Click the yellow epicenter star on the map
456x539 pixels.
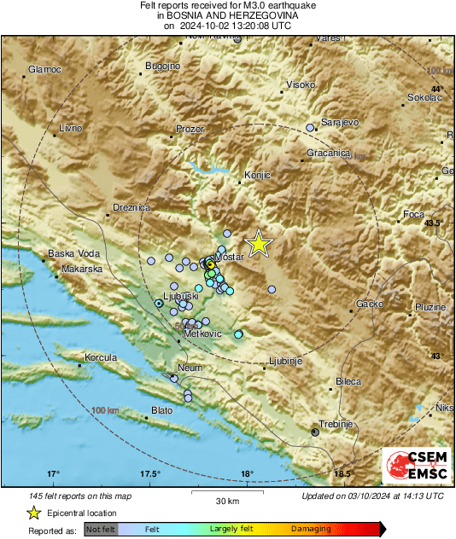coord(258,245)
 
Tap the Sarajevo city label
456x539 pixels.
coord(339,122)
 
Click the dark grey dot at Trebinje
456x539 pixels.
coord(315,433)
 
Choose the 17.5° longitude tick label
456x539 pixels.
coord(150,473)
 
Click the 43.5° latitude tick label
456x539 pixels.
coord(435,223)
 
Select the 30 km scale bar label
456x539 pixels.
coord(226,501)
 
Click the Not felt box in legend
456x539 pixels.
coord(102,530)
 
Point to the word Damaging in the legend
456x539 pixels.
coord(311,530)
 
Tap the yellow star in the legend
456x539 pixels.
coord(33,513)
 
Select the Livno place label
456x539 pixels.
coord(70,128)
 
